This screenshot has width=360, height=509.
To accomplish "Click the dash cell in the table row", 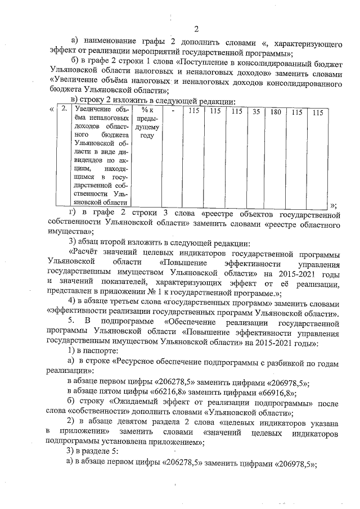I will pyautogui.click(x=174, y=112).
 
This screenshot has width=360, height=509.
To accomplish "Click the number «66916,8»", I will pyautogui.click(x=280, y=392).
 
